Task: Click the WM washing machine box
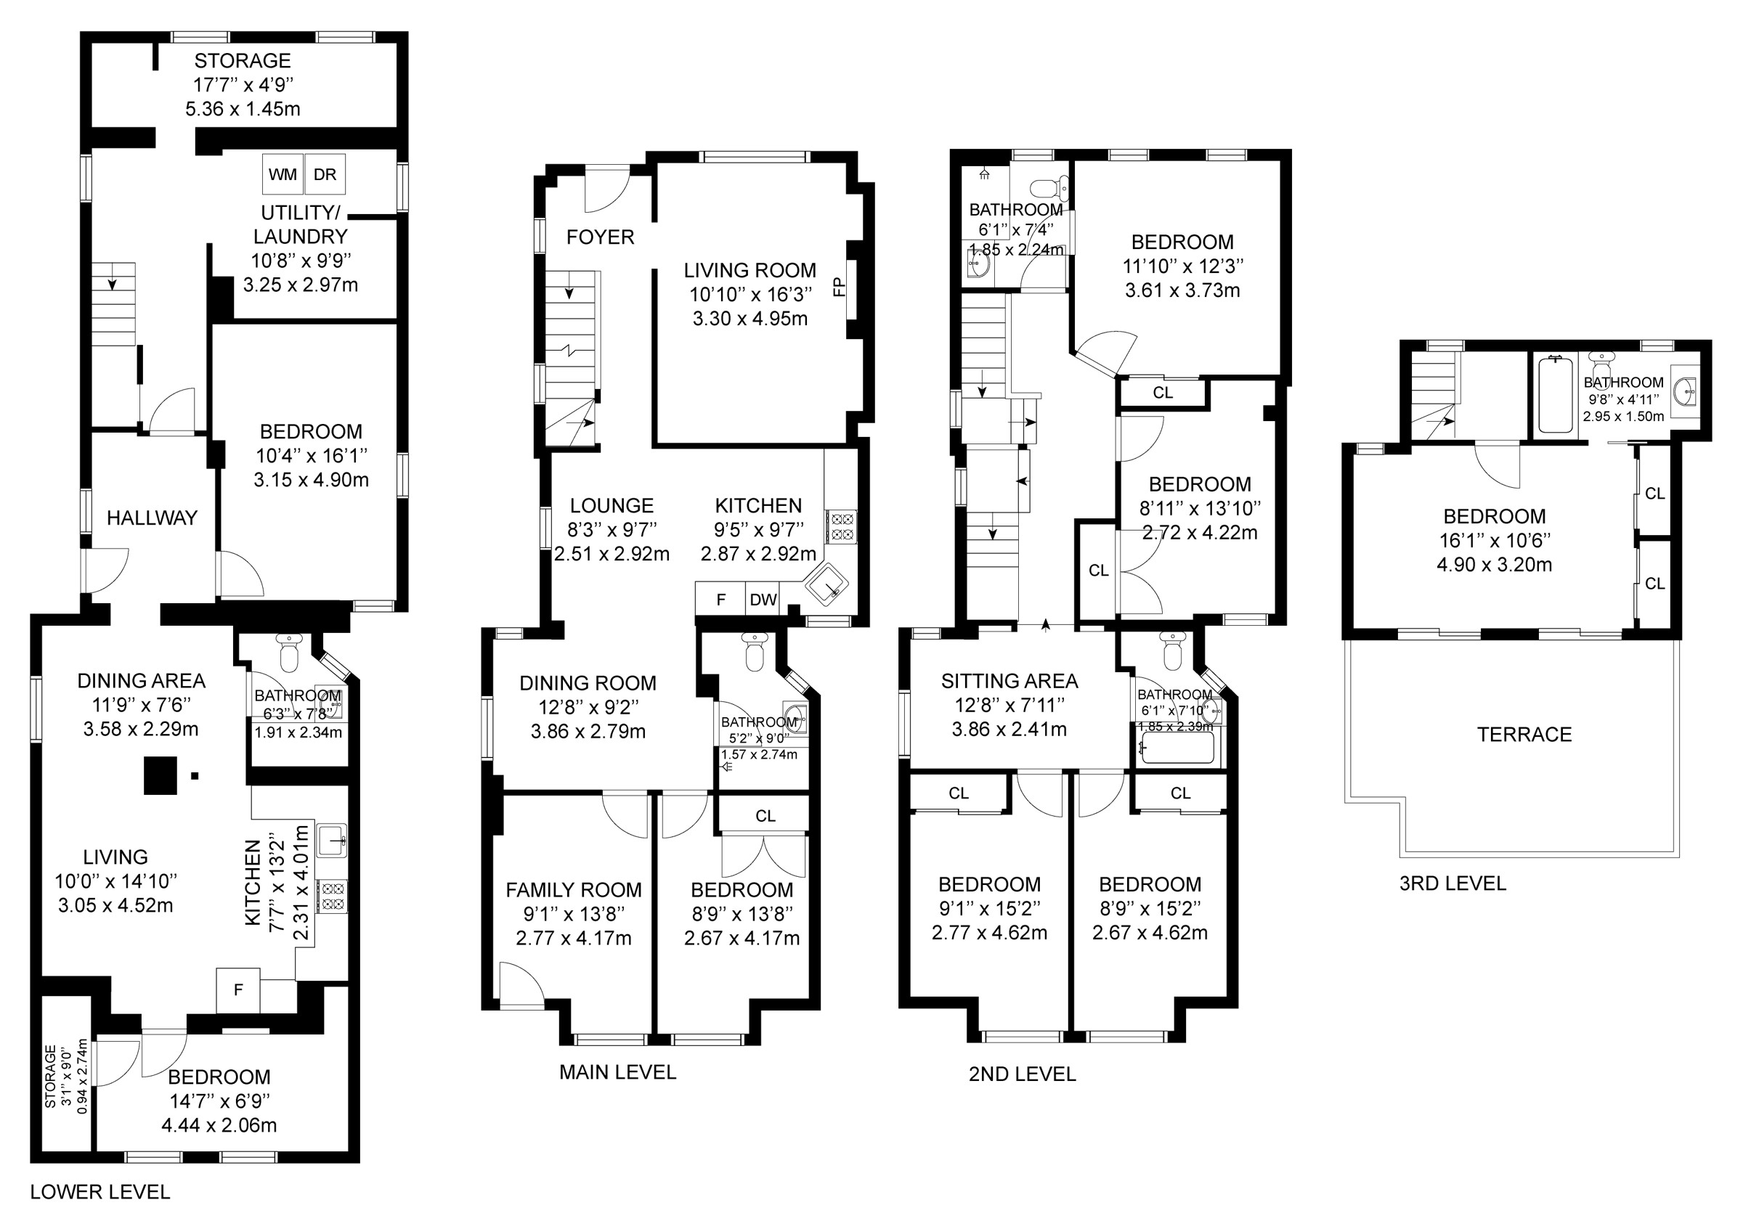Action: [283, 174]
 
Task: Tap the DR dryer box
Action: [325, 174]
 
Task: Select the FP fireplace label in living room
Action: [839, 287]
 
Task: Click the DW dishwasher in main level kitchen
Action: [763, 600]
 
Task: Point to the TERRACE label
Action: [1524, 735]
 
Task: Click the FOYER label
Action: [600, 237]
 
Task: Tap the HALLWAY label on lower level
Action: [152, 518]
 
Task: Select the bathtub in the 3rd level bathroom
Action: [1555, 395]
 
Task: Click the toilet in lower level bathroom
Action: [289, 653]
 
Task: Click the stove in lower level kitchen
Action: [333, 896]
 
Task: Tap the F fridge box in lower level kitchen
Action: [238, 989]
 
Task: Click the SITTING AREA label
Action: [1009, 682]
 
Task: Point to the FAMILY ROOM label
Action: [573, 889]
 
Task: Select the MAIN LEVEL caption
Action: [617, 1072]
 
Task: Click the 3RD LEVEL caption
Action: [1452, 883]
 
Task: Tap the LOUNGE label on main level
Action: [612, 505]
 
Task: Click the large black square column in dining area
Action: [161, 775]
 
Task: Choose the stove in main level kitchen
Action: [842, 526]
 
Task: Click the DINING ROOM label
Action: [588, 683]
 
